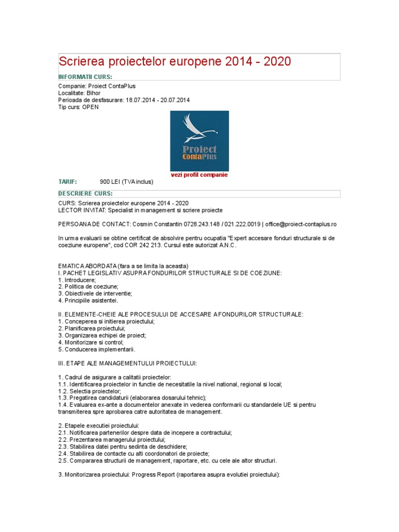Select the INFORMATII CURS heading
(85, 77)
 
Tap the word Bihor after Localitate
(94, 93)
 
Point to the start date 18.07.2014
(140, 100)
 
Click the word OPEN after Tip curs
(90, 107)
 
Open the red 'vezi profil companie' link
(199, 175)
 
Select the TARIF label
(68, 182)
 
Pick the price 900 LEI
(110, 182)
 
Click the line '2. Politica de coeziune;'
(88, 286)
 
